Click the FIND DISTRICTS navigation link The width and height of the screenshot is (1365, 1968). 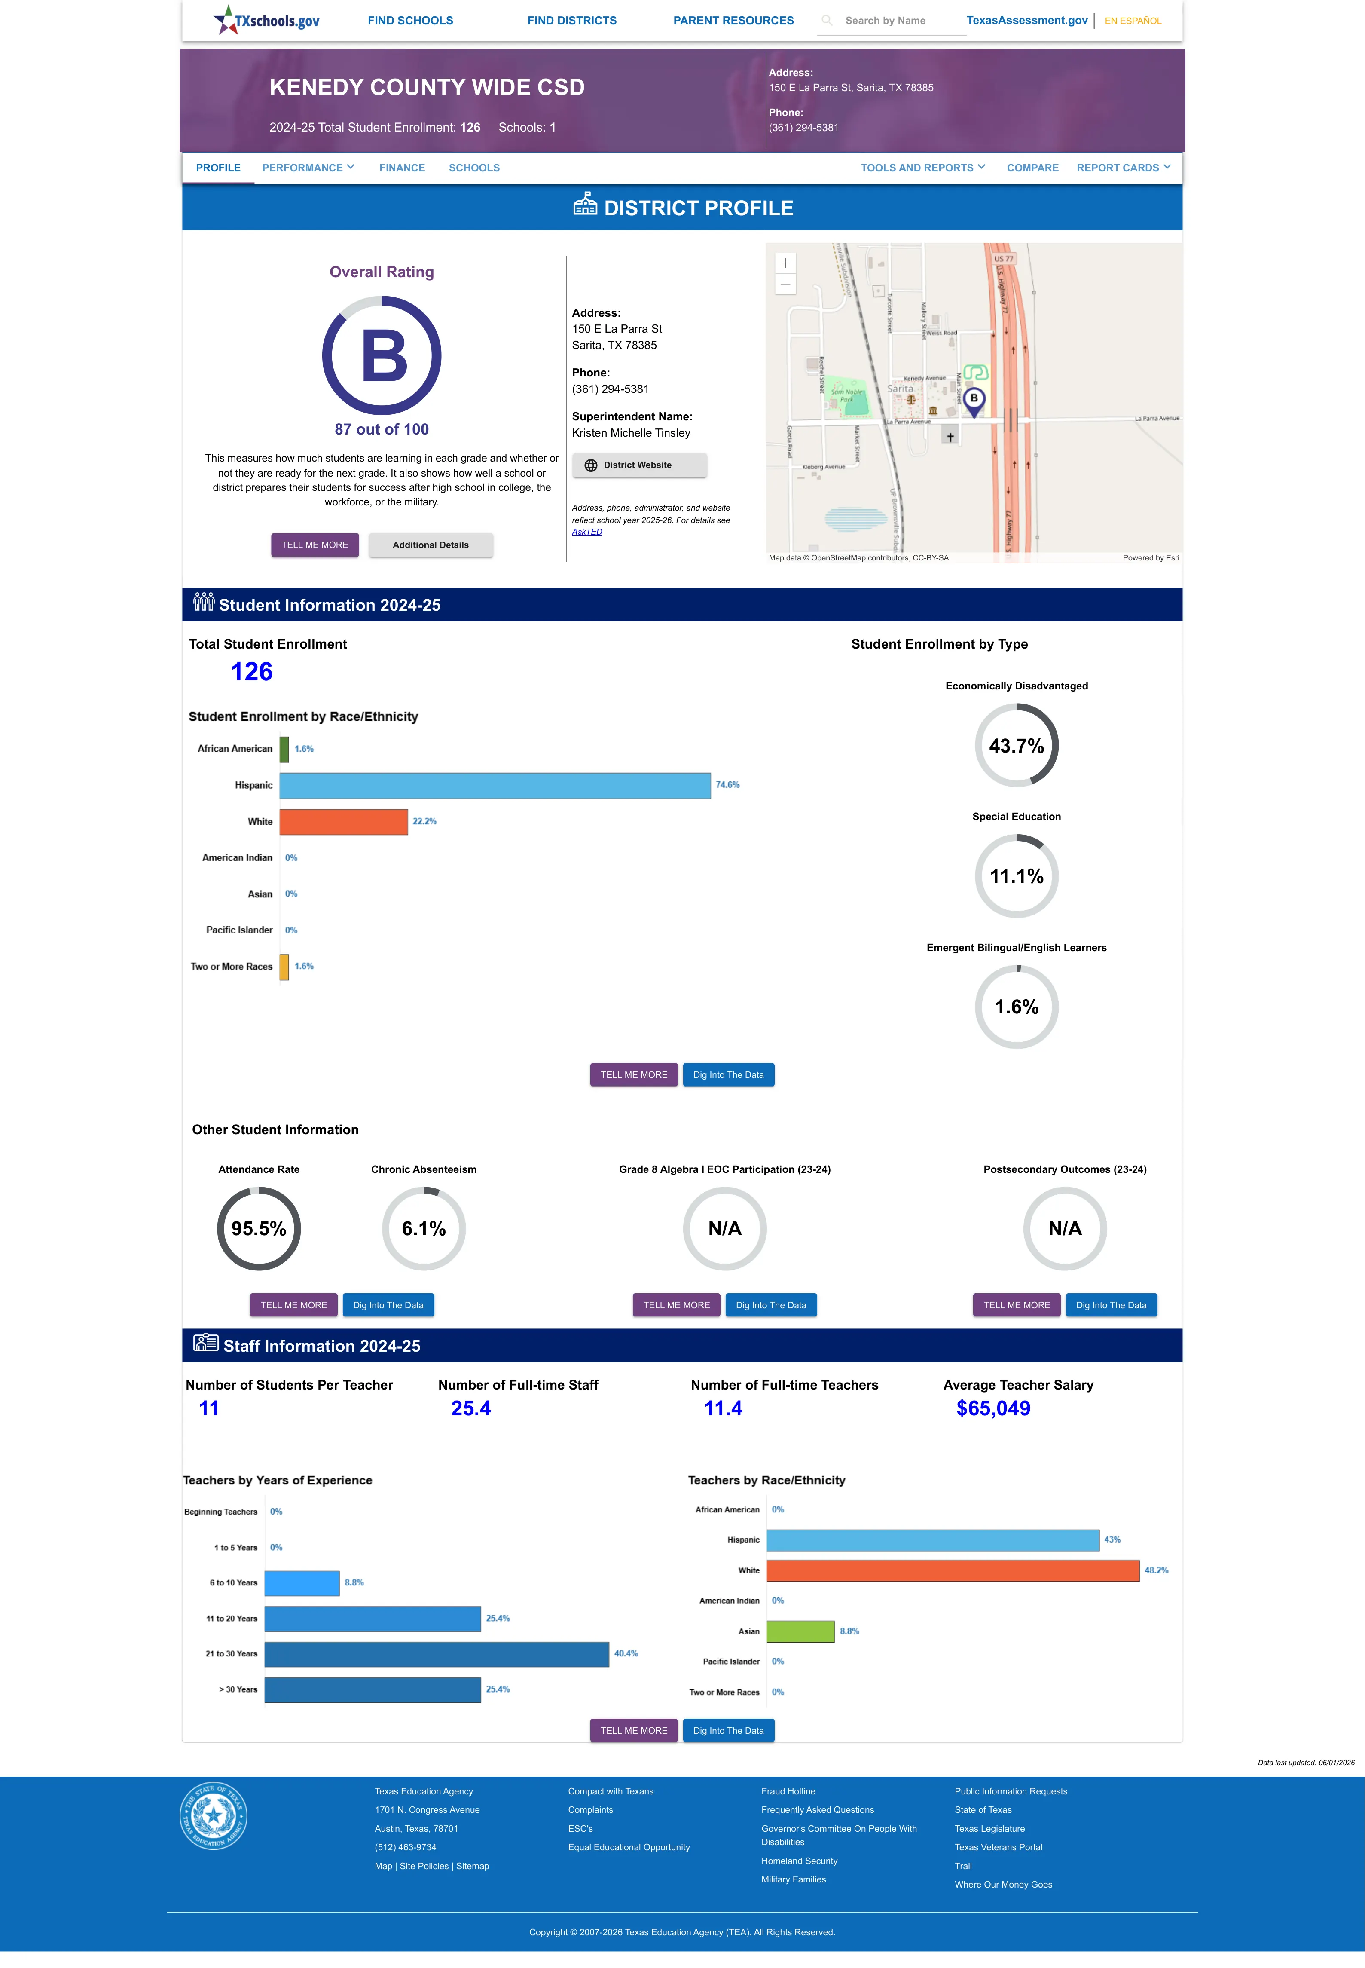[x=571, y=21]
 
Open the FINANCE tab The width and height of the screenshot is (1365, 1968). [x=402, y=168]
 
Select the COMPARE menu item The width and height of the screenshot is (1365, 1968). [x=1032, y=168]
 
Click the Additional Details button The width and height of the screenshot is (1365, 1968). [x=430, y=545]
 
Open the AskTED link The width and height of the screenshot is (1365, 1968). [x=587, y=532]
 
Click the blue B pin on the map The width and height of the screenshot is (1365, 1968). [x=973, y=400]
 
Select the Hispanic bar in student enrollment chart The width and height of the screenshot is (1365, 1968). [x=495, y=785]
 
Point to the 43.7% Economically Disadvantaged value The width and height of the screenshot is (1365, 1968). [x=1016, y=746]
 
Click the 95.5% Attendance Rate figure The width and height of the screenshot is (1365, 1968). [x=258, y=1228]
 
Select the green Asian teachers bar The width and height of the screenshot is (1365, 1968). [x=800, y=1631]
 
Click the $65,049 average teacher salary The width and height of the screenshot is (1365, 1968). [x=993, y=1408]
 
